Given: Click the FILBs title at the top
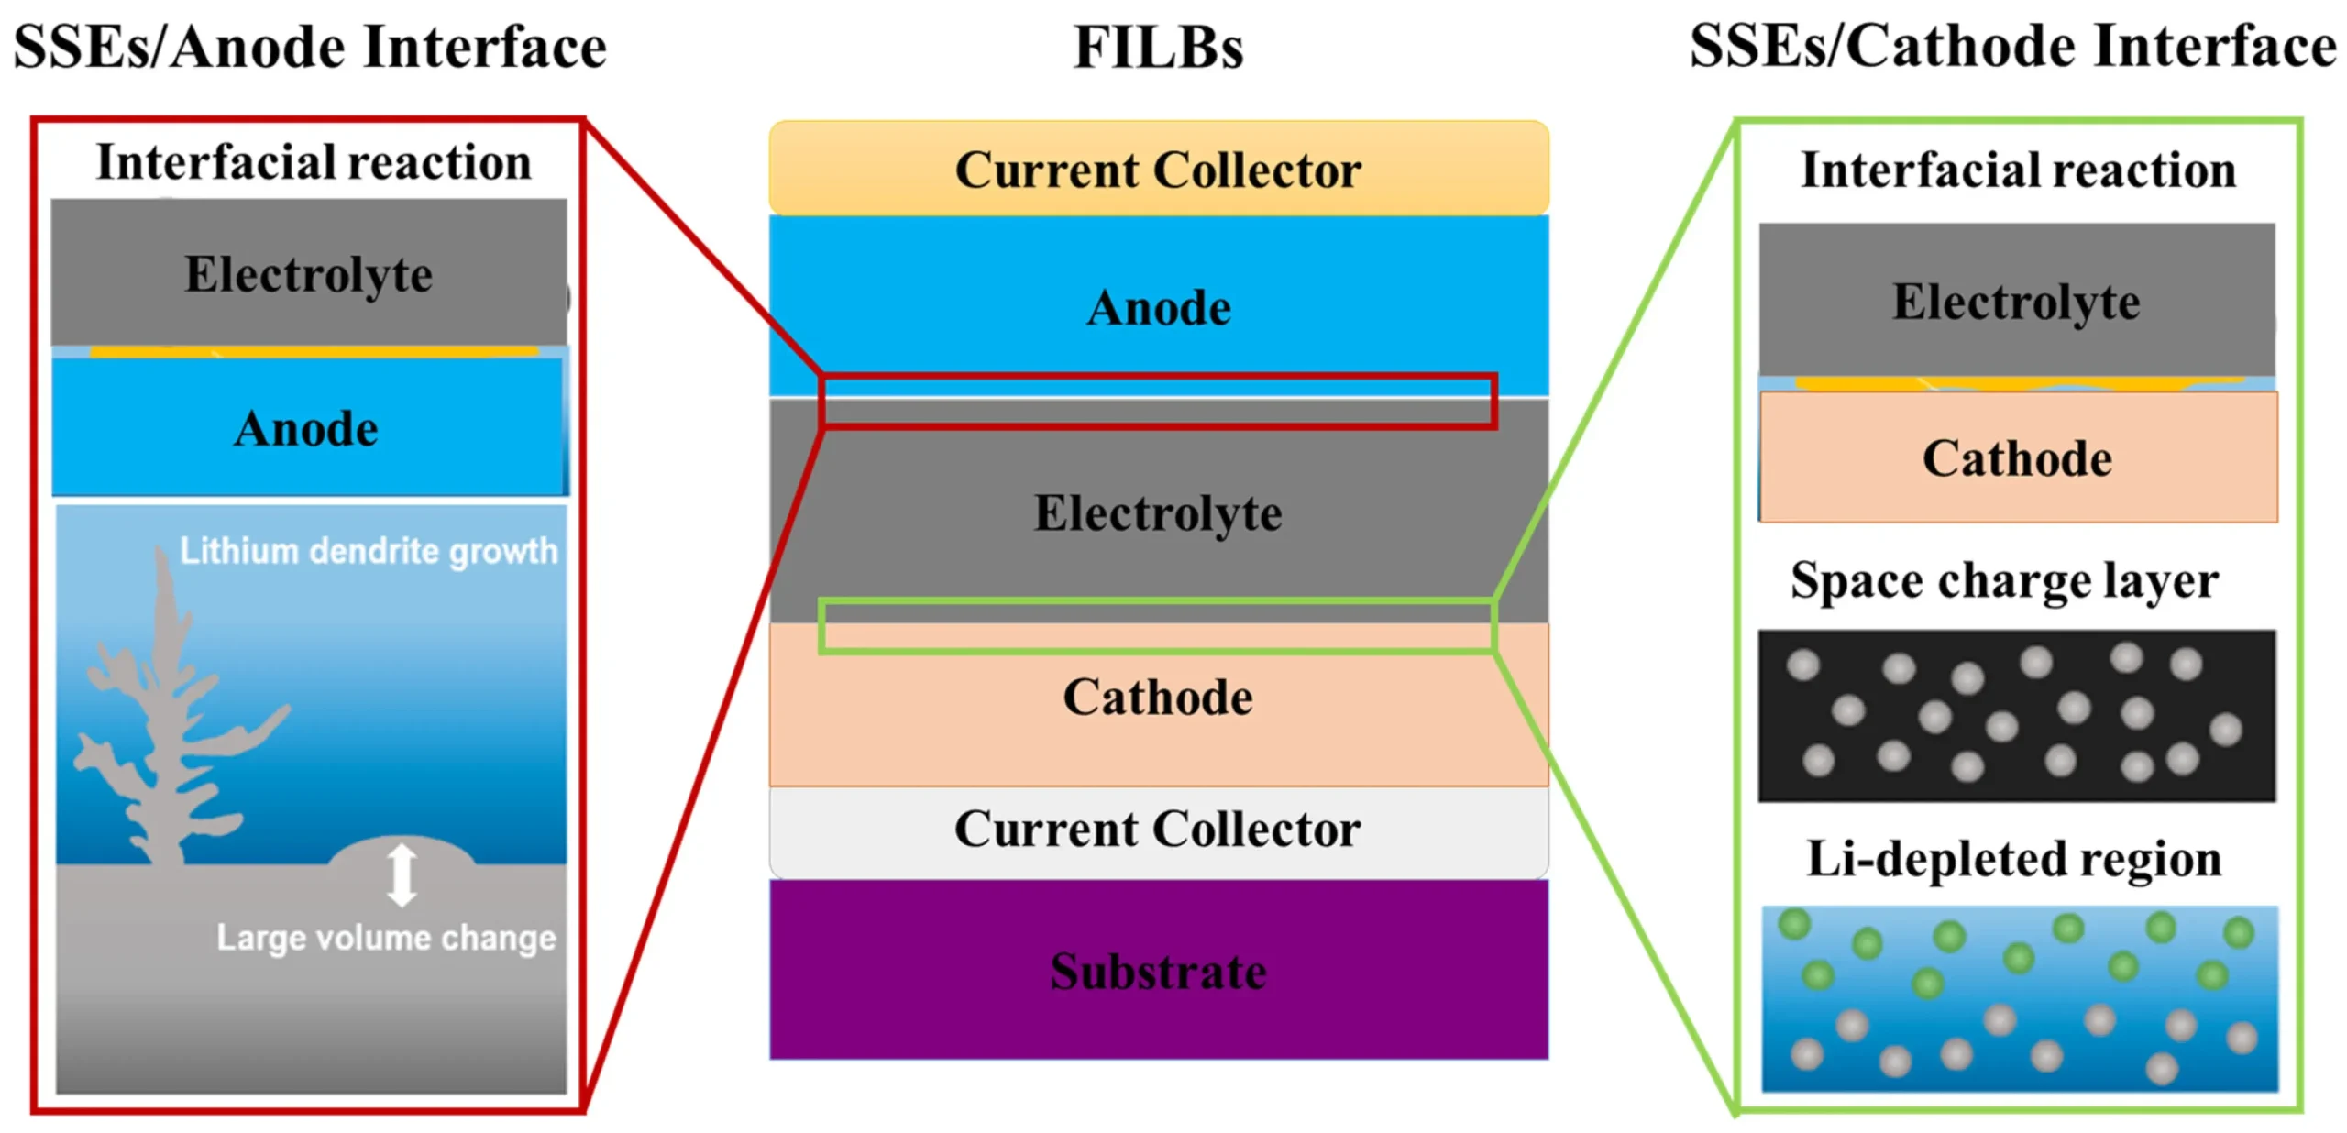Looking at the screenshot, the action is point(1158,47).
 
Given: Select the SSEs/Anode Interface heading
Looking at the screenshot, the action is point(310,47).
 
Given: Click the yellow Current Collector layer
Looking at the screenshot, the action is point(1159,169).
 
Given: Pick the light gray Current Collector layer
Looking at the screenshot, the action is point(1159,831).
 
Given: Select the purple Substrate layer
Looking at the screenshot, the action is point(1159,970).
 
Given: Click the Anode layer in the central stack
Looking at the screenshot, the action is point(1159,306).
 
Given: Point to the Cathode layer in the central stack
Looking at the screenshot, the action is point(1159,704).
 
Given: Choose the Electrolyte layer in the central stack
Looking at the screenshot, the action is point(1159,511).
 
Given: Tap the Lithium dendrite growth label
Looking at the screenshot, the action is point(369,551).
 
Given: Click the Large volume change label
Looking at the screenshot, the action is point(386,938).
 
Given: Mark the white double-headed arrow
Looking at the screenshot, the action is point(402,875).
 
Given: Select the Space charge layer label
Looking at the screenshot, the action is point(2004,581).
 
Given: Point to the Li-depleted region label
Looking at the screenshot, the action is point(2014,859).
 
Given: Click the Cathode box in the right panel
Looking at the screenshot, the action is point(2018,456).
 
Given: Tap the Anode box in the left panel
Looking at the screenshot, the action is point(309,427).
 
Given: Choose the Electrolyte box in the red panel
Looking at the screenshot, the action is point(309,273).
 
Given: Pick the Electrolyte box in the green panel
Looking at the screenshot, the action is point(2017,300).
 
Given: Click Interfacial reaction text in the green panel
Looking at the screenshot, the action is point(2019,170).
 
